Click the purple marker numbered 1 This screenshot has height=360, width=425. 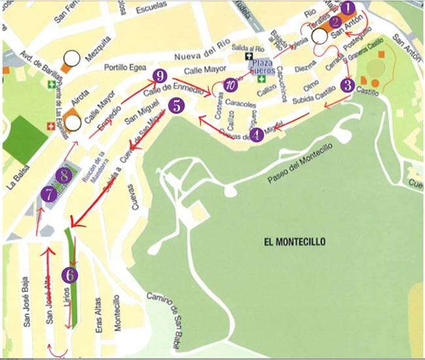(x=348, y=8)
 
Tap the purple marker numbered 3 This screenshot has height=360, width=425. (x=348, y=84)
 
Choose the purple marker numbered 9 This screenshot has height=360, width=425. (x=157, y=76)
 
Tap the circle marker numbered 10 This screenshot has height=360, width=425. (x=229, y=84)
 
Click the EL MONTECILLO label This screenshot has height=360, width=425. (x=294, y=242)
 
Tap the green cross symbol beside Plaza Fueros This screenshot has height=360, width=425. (x=263, y=79)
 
